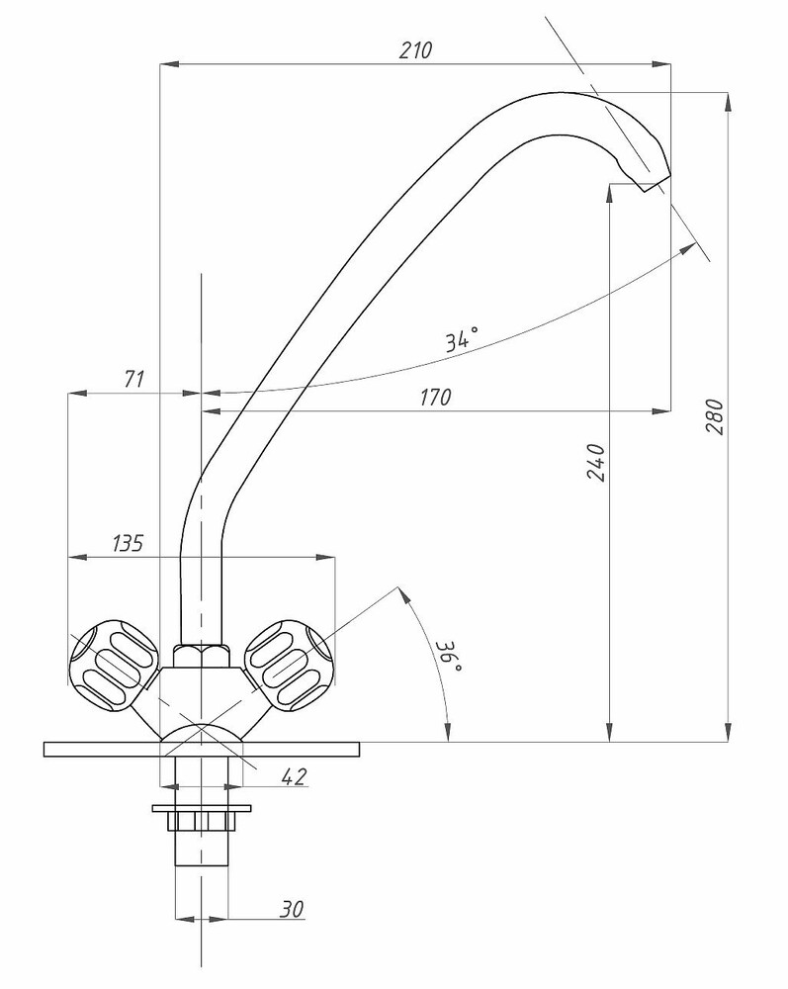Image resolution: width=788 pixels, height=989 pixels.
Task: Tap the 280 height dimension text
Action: coord(716,417)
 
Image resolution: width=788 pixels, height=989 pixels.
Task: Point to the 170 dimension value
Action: coord(434,398)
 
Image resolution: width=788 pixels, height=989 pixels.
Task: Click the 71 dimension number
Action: coord(134,379)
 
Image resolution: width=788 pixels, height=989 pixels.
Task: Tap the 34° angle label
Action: coord(461,339)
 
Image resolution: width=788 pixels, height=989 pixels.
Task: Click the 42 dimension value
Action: coord(293,777)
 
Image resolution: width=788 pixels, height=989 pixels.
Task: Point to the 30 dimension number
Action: coord(291,909)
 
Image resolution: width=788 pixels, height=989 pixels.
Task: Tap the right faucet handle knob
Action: coord(288,663)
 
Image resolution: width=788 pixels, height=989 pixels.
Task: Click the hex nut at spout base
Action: coord(201,655)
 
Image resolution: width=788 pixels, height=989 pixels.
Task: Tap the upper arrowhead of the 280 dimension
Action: coord(729,100)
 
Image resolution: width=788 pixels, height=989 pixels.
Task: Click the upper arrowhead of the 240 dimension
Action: coord(610,193)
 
